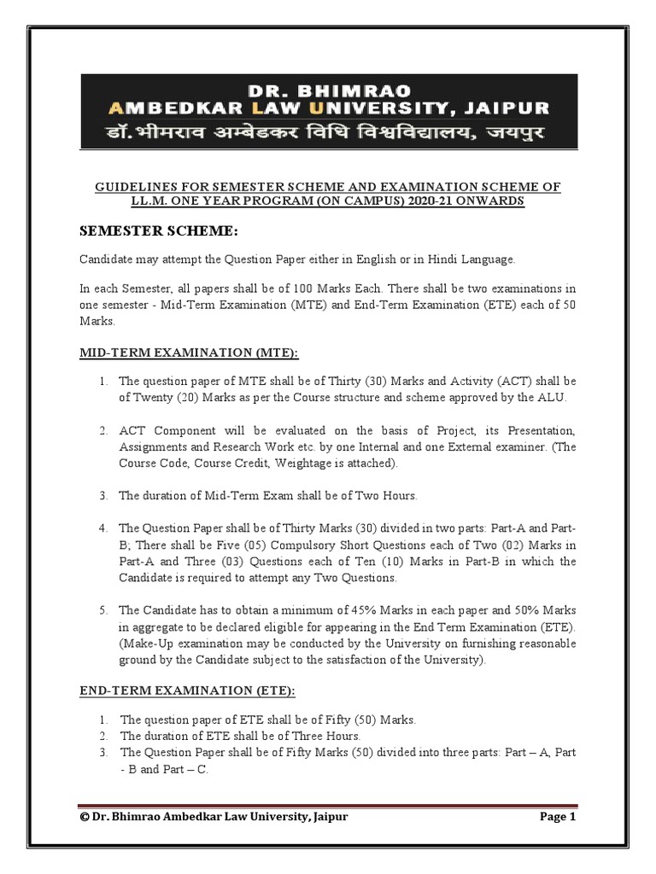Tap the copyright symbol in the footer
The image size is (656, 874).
tap(85, 817)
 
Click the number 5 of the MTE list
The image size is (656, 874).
tap(102, 610)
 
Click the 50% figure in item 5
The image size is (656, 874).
tap(527, 610)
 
